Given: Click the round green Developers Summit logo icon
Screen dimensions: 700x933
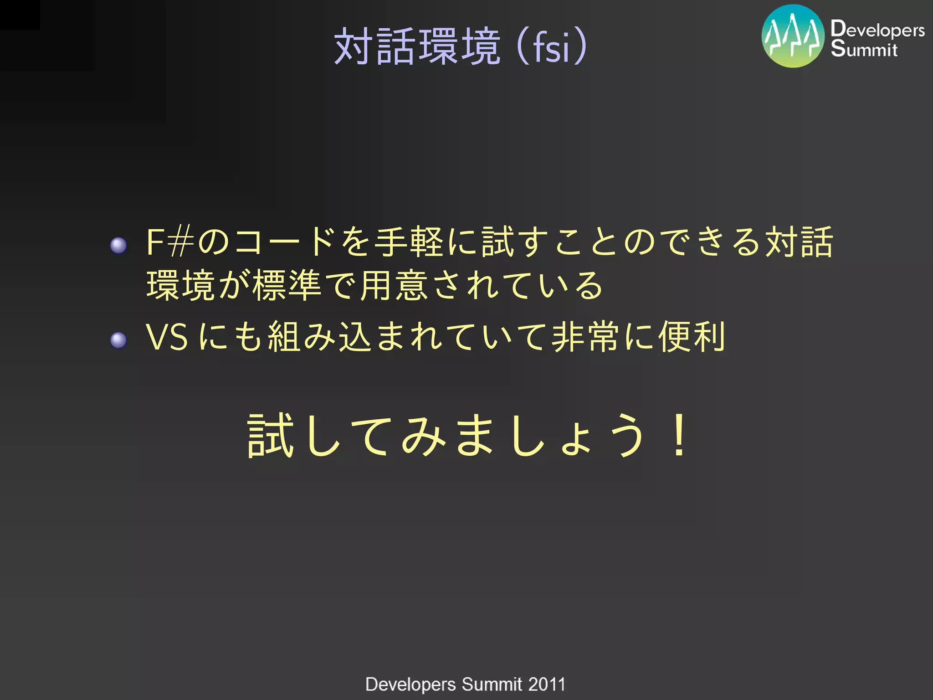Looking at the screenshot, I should [793, 36].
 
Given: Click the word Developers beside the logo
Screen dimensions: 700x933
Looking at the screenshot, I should [877, 30].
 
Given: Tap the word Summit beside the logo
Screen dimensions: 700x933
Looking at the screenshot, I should [864, 49].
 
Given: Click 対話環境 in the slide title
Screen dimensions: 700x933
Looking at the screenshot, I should [417, 46].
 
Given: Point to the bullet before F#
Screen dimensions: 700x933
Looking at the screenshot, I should [118, 245].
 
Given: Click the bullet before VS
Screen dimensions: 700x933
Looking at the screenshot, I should [118, 340].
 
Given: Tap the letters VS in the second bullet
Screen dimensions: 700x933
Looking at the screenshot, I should [166, 337].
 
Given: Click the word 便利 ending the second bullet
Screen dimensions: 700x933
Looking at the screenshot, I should [692, 337].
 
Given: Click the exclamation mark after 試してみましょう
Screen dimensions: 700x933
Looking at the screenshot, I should [679, 436].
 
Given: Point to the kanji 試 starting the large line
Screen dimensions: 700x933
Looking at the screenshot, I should [270, 436].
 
